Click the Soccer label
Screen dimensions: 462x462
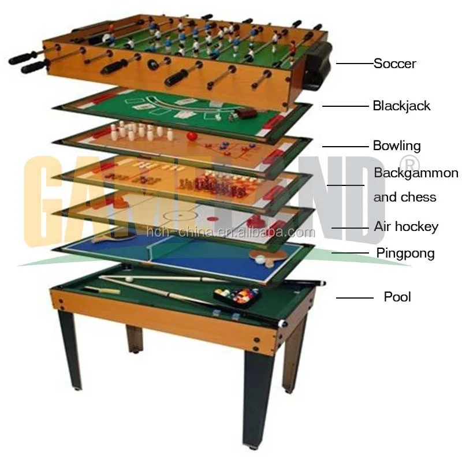(x=394, y=63)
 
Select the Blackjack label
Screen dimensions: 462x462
(x=401, y=106)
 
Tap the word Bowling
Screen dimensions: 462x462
(x=397, y=146)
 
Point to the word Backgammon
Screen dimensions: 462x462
(x=416, y=173)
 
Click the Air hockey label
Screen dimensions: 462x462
(x=406, y=226)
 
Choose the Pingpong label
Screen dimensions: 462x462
(x=405, y=253)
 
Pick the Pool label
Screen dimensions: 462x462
(x=397, y=297)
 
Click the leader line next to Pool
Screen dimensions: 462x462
(x=355, y=298)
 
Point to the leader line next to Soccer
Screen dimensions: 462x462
(x=354, y=64)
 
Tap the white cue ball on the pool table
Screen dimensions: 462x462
(x=129, y=279)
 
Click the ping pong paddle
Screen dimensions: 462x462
(x=274, y=255)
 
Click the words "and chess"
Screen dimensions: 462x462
(x=404, y=197)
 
